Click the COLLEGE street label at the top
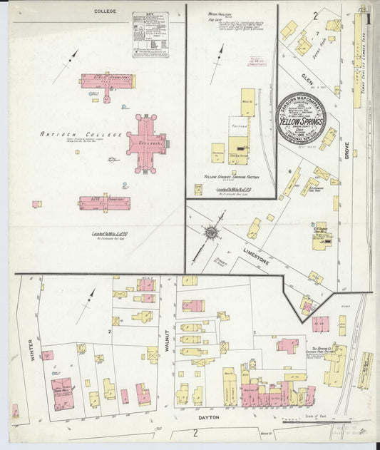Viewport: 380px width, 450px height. pos(105,11)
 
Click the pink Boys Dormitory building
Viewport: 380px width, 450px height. pos(107,81)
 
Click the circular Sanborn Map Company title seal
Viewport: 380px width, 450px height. pos(301,118)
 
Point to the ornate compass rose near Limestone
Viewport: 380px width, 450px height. pos(212,232)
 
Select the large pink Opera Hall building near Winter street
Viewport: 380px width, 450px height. pos(61,393)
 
